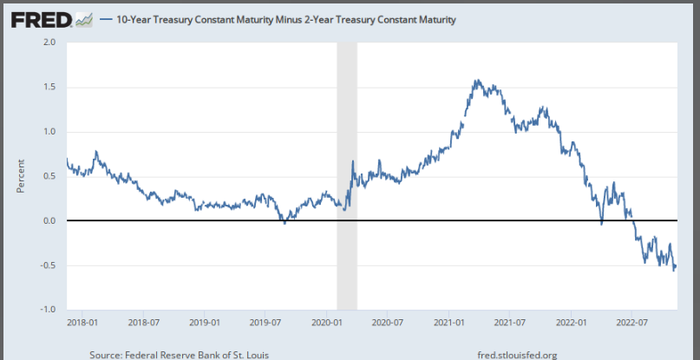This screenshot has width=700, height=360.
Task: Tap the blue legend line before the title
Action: point(106,18)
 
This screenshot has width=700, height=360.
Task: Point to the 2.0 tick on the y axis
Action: point(49,42)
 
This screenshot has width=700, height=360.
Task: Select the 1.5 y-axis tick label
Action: point(49,87)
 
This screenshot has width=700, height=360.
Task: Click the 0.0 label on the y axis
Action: point(49,220)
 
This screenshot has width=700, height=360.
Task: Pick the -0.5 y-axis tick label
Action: point(47,265)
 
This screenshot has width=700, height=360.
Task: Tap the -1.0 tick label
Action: point(47,310)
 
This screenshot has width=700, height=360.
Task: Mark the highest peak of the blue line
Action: point(477,80)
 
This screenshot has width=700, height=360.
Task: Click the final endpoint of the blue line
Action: point(676,266)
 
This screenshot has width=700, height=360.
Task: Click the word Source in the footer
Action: point(107,354)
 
